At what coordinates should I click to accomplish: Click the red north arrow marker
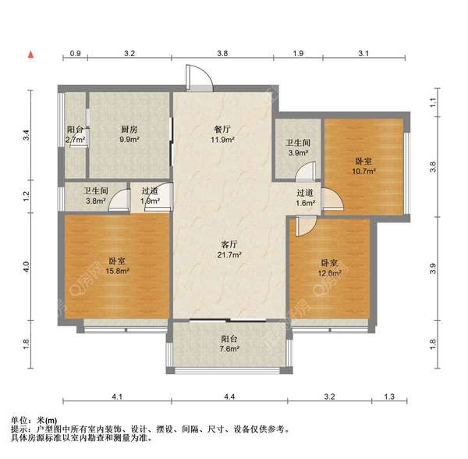click(30, 55)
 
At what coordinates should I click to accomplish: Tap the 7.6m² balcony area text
click(229, 349)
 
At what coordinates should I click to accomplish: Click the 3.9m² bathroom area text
click(298, 152)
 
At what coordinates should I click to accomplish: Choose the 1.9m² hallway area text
click(151, 201)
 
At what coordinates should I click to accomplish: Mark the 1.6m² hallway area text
click(305, 203)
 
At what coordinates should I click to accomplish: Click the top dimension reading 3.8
click(222, 54)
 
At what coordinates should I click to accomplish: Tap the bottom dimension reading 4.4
click(229, 398)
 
